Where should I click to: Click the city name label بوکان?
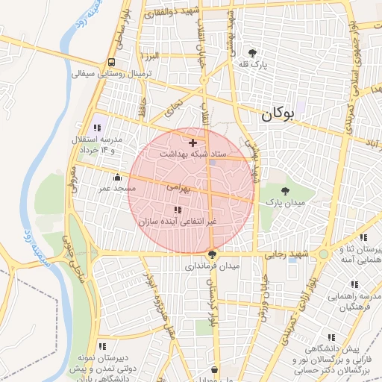click(x=278, y=114)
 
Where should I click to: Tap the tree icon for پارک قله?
click(x=253, y=53)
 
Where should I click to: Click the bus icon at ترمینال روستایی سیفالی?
click(x=111, y=63)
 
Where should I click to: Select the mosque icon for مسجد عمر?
click(x=118, y=178)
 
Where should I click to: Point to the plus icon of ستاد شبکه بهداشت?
click(x=193, y=142)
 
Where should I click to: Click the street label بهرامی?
click(x=178, y=189)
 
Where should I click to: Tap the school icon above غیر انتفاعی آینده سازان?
click(x=177, y=210)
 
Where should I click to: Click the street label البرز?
click(x=153, y=57)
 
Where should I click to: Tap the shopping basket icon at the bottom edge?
click(x=215, y=369)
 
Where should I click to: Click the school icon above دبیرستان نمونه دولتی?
click(x=102, y=346)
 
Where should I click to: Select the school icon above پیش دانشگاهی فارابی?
click(x=331, y=336)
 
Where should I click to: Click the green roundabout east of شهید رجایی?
click(x=322, y=254)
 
